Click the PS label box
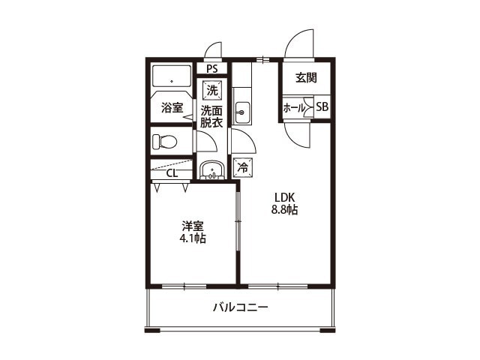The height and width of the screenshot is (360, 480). click(211, 69)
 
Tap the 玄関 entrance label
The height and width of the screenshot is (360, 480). click(304, 76)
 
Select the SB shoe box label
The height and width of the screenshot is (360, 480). click(322, 107)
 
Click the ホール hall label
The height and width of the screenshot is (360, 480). click(293, 108)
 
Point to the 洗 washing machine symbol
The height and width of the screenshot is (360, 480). click(211, 90)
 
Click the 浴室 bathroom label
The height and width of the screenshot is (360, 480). click(172, 108)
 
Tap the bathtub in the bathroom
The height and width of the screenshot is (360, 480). click(172, 78)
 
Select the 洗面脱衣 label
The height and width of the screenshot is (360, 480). click(211, 117)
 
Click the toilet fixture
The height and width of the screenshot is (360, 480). click(165, 142)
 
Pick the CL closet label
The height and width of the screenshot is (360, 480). click(172, 174)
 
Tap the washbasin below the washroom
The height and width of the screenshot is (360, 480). click(212, 171)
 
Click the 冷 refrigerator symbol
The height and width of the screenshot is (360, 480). click(242, 168)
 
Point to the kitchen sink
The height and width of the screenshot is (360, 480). click(242, 114)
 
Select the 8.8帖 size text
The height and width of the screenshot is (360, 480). click(284, 211)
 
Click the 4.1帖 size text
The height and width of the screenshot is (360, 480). click(193, 238)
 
